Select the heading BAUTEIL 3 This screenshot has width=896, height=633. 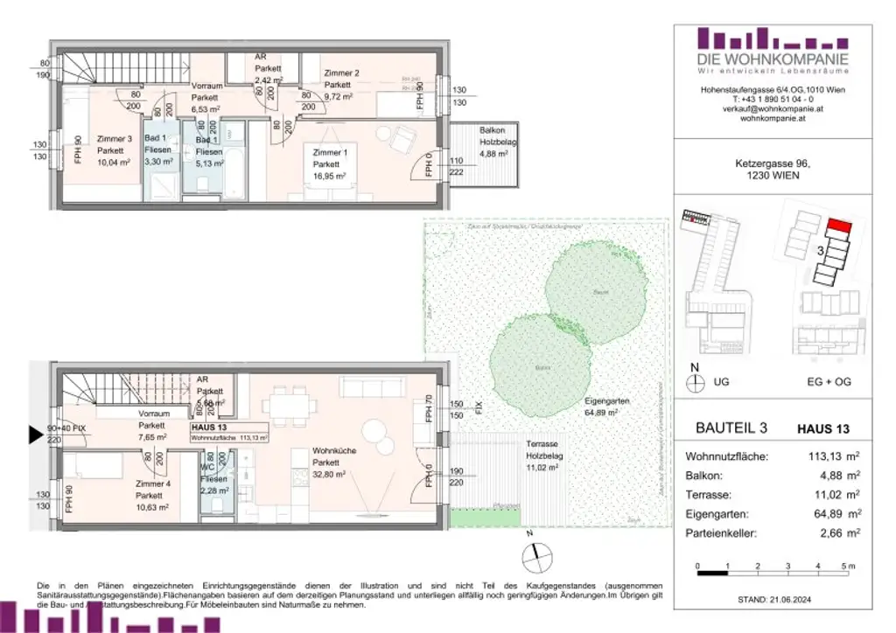pos(731,429)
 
